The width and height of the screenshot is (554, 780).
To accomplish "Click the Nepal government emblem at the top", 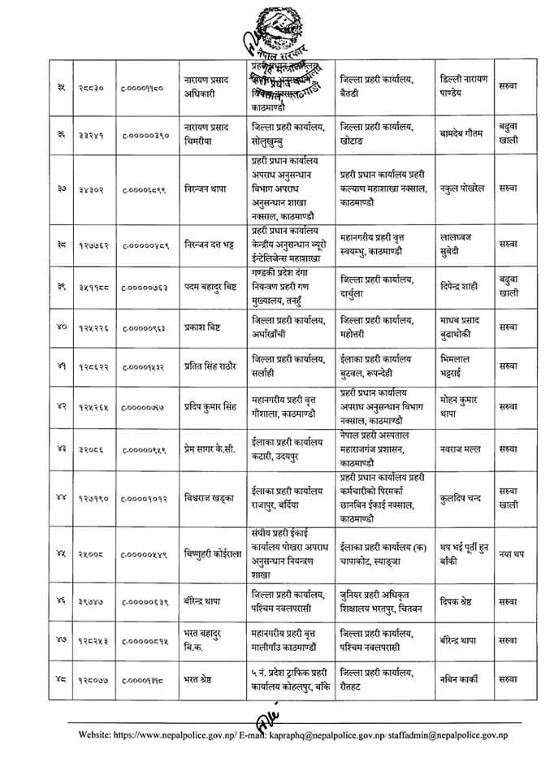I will (x=278, y=29).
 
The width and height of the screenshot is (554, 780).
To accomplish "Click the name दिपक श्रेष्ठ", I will (x=461, y=602).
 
